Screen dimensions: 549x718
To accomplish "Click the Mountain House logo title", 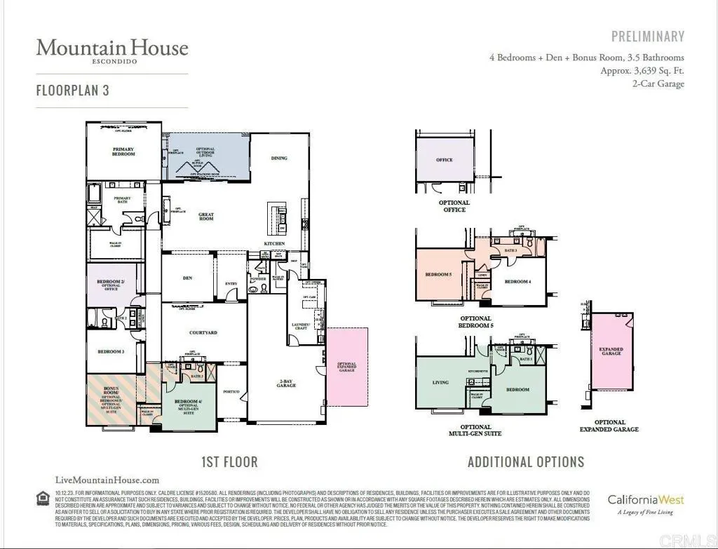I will [x=112, y=48].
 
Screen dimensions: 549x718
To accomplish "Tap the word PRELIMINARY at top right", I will [x=647, y=36].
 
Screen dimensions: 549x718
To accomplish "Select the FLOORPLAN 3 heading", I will [x=72, y=90].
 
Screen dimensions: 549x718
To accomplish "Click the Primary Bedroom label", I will [x=123, y=151].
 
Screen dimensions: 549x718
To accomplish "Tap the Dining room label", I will [x=279, y=158].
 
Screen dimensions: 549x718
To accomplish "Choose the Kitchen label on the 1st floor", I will [x=273, y=243].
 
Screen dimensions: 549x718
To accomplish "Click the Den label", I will [x=187, y=278].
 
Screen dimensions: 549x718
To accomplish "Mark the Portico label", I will [x=231, y=391].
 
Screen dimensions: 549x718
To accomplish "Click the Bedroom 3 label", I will [x=111, y=351].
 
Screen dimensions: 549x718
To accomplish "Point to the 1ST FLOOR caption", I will [x=229, y=462].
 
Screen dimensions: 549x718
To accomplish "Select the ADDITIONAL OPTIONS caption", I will [x=526, y=462].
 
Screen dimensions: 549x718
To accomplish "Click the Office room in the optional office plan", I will [x=445, y=160].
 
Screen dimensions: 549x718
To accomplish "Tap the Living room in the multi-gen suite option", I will [x=440, y=383].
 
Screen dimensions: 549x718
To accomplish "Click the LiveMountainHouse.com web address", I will [x=107, y=480].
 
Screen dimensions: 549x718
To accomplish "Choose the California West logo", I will [x=645, y=501].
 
